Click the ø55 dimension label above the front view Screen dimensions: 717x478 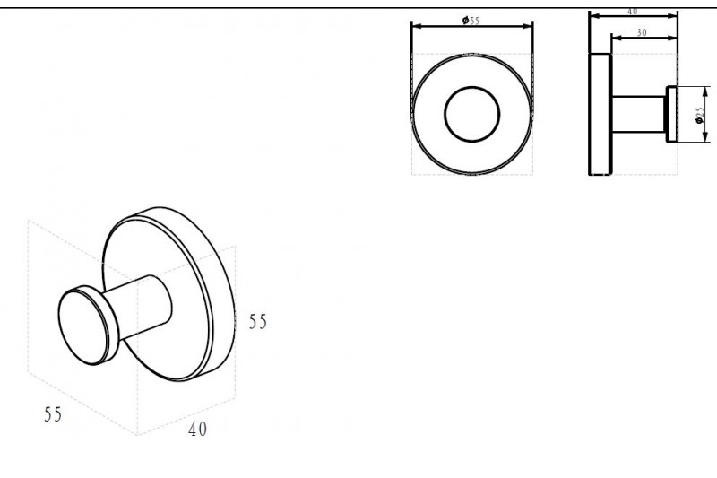tap(471, 21)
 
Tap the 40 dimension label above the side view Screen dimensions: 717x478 tap(633, 12)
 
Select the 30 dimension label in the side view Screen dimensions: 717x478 tap(642, 32)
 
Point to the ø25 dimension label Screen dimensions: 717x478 tap(699, 116)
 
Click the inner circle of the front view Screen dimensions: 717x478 tap(472, 87)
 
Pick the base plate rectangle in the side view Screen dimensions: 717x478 tap(600, 114)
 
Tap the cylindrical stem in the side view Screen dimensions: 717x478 tap(638, 115)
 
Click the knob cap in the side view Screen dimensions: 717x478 tap(670, 115)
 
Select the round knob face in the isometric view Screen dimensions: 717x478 tap(84, 328)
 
